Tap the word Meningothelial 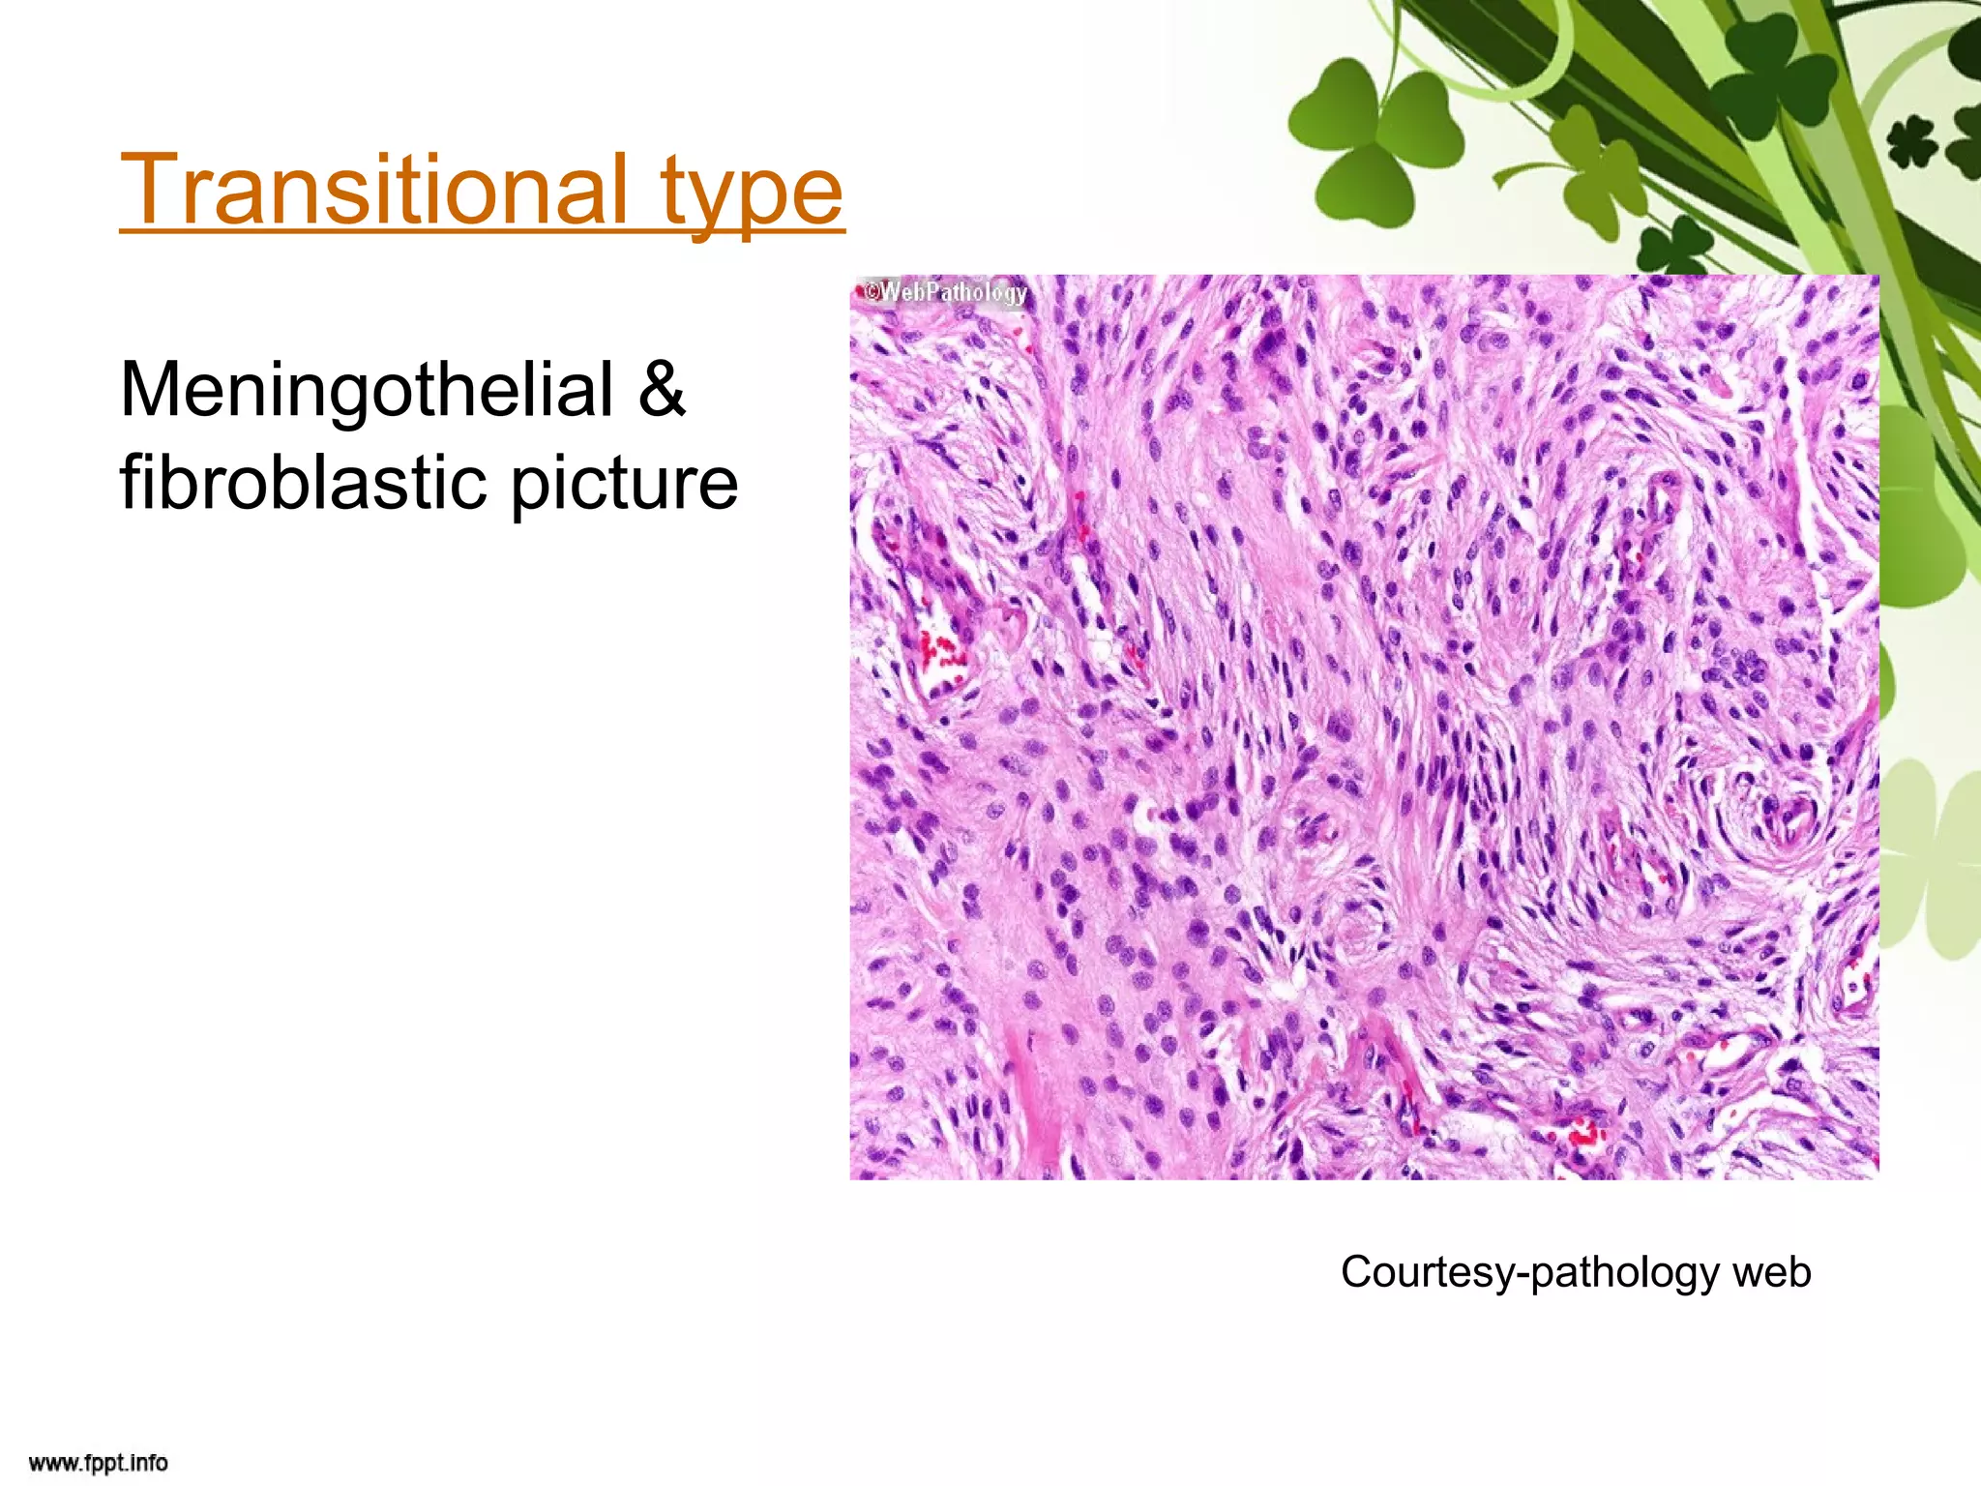pos(367,390)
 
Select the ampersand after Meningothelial pos(662,390)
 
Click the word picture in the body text pos(624,484)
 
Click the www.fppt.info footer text pos(99,1463)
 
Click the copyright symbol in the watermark pos(870,290)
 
